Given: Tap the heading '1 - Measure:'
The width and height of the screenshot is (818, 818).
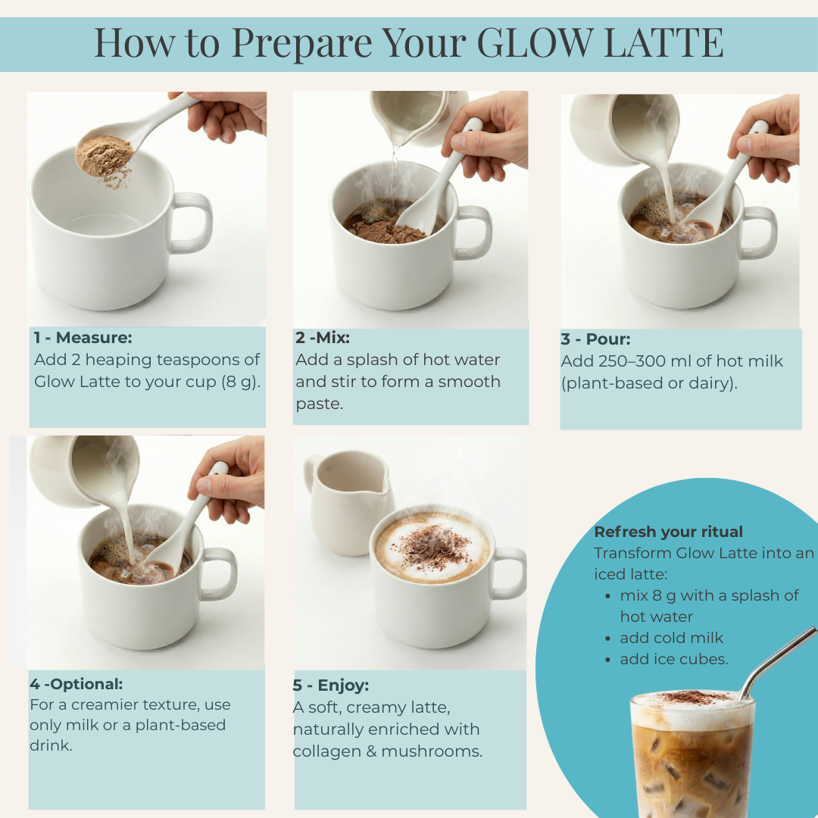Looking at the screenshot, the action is click(83, 338).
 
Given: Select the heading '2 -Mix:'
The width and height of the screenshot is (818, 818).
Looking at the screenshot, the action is click(323, 338).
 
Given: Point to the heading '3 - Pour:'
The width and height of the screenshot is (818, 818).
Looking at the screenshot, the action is click(595, 339).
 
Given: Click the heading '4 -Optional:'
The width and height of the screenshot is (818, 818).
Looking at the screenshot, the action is click(76, 684).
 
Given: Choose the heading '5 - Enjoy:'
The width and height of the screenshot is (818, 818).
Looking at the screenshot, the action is click(331, 685).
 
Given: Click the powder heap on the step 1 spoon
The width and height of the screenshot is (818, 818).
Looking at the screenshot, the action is click(105, 155).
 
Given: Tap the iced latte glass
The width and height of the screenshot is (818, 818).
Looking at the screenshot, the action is click(692, 754).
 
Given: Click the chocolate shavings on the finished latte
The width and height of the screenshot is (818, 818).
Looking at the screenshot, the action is click(432, 548).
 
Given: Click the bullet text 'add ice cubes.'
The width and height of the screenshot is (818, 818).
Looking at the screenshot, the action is click(673, 660).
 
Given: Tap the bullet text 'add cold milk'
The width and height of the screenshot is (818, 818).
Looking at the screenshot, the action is click(671, 638).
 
